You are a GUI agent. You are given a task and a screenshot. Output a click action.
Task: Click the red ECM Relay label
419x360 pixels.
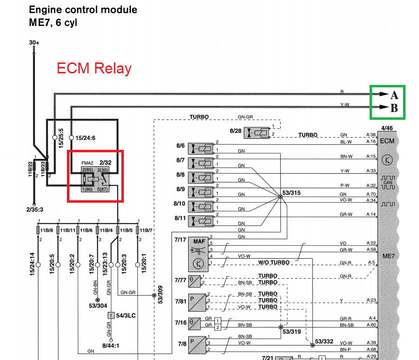94,68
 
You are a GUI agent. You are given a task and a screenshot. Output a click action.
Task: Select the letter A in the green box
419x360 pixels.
394,95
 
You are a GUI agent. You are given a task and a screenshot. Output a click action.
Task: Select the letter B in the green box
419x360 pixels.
394,107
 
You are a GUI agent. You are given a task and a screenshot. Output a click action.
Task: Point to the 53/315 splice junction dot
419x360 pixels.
280,197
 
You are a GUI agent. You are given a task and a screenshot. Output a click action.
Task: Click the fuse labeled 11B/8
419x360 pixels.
38,230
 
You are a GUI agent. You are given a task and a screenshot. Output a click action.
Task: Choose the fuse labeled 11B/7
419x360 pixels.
137,230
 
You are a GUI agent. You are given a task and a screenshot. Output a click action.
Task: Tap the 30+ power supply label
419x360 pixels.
34,43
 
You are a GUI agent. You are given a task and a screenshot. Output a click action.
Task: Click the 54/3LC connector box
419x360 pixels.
110,316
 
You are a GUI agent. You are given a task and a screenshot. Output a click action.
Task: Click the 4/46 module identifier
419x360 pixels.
387,128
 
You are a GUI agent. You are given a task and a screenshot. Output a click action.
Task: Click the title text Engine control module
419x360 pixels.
83,9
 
